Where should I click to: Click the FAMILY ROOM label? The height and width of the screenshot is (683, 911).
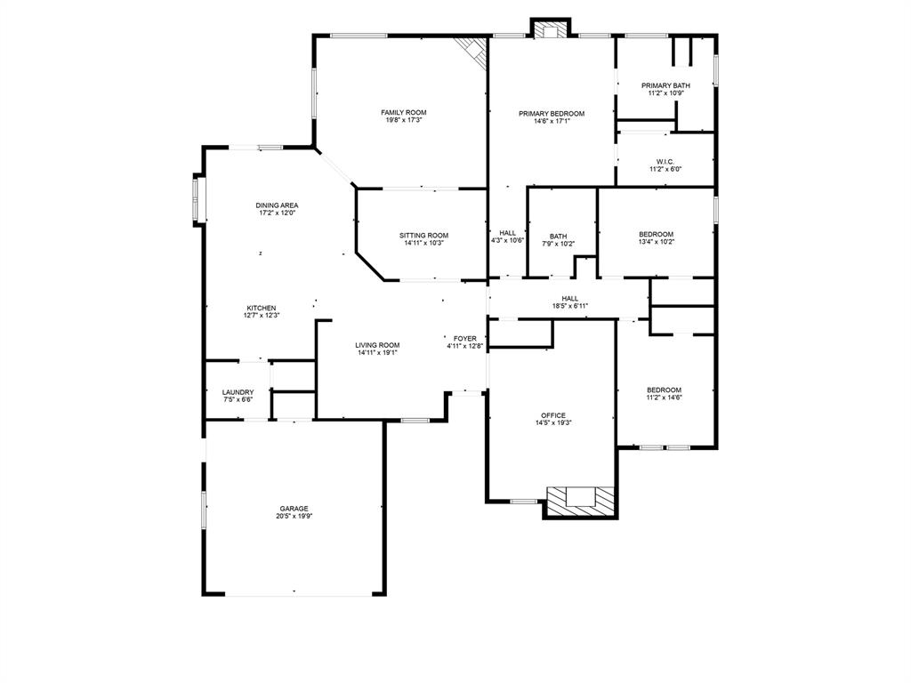(x=403, y=113)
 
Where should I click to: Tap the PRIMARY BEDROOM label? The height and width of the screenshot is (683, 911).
(x=552, y=114)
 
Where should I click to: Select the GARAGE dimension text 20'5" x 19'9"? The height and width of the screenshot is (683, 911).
(x=294, y=516)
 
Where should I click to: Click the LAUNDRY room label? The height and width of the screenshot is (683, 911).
(x=238, y=392)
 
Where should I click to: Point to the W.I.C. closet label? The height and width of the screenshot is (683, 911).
(x=665, y=162)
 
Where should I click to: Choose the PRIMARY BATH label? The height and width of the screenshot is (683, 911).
(x=665, y=85)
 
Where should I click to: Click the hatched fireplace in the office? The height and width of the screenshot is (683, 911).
(x=581, y=500)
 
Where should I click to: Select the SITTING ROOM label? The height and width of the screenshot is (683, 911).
(x=423, y=236)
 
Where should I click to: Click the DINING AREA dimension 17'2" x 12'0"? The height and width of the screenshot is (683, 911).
(x=277, y=213)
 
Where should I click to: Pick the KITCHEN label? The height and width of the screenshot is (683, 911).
(x=261, y=308)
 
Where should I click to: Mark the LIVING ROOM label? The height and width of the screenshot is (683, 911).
(x=377, y=345)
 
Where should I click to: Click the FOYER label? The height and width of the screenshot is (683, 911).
(x=464, y=339)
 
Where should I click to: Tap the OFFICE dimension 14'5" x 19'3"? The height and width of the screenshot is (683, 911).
(x=552, y=423)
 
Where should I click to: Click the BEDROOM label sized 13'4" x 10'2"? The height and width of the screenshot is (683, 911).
(x=656, y=234)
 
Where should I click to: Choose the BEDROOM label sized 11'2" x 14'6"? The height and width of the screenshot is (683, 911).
(x=664, y=390)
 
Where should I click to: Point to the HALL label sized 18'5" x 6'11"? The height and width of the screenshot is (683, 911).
(x=569, y=299)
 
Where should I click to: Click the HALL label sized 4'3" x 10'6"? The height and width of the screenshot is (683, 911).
(x=507, y=233)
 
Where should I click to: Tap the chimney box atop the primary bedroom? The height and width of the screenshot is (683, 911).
(x=550, y=29)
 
